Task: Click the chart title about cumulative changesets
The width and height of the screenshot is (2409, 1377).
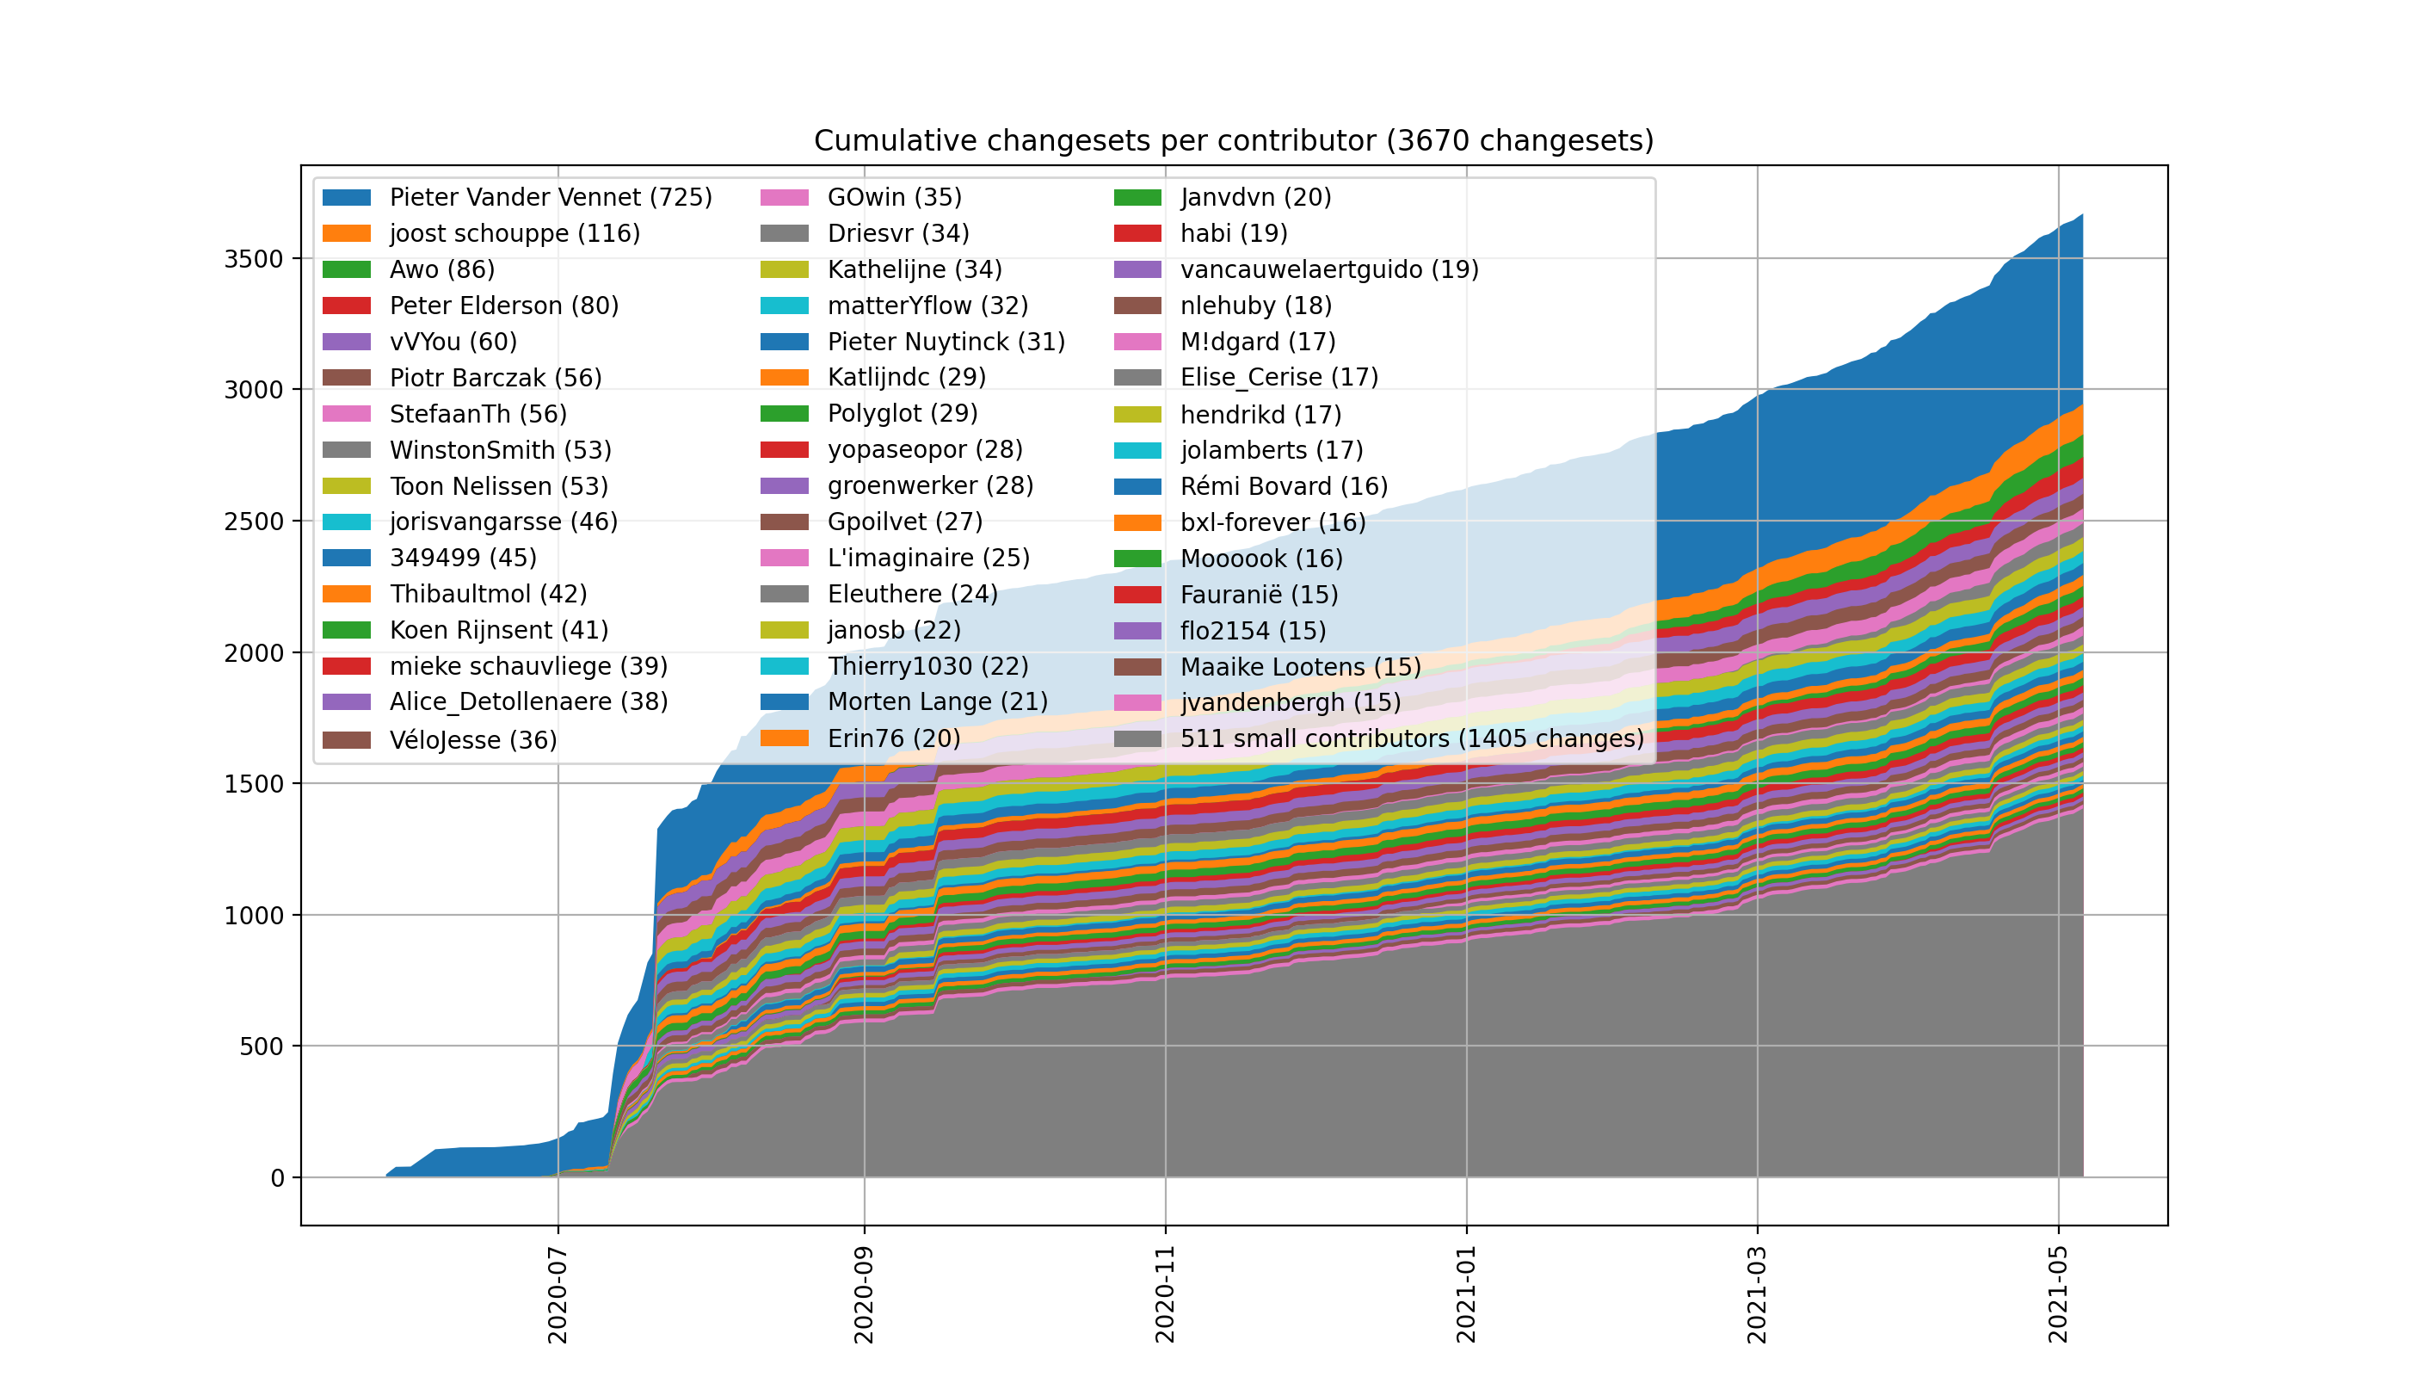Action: (x=1233, y=141)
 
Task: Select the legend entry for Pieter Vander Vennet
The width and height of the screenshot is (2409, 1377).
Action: (x=551, y=198)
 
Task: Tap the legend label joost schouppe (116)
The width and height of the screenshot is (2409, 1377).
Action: (x=514, y=233)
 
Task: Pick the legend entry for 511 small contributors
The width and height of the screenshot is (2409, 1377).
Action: (x=1412, y=738)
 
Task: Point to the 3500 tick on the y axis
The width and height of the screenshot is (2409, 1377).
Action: (x=254, y=259)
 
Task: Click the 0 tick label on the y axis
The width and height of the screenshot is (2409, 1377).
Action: (x=277, y=1178)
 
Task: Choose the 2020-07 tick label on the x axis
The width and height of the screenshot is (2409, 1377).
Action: (x=558, y=1294)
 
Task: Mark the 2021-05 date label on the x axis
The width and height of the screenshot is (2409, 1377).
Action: (x=2058, y=1294)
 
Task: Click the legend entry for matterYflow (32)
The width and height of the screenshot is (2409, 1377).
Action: (x=927, y=306)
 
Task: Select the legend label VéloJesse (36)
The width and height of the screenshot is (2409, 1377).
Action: (x=472, y=739)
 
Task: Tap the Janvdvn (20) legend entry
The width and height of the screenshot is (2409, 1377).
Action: (x=1255, y=198)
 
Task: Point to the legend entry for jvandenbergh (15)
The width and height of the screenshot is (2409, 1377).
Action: (x=1291, y=702)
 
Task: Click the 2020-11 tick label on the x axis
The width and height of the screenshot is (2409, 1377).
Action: (x=1165, y=1294)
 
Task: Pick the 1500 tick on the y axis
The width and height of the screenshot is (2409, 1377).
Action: (x=254, y=784)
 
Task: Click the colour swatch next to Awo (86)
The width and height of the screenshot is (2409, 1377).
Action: (x=346, y=269)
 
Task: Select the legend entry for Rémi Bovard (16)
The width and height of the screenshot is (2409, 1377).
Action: (x=1284, y=487)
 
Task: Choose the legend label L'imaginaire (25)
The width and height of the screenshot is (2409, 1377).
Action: (x=928, y=558)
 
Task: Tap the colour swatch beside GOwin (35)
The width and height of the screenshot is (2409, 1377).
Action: (x=784, y=198)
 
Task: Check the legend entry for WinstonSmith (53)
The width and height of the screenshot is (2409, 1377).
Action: (x=500, y=450)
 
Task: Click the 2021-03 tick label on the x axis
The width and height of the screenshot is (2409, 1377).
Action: (x=1757, y=1294)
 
